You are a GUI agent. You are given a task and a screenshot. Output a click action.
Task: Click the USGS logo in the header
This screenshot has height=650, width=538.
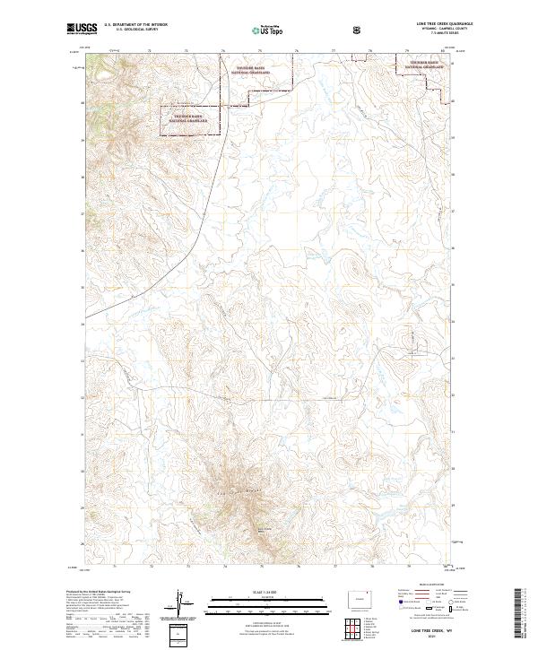click(83, 30)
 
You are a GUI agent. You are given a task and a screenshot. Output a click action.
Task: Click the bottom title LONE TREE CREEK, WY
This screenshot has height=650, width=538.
click(408, 632)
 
